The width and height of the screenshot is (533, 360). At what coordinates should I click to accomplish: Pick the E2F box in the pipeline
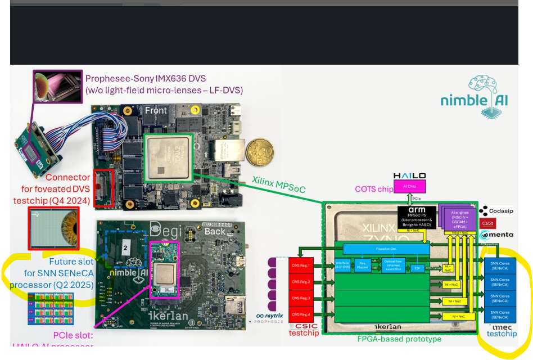click(x=417, y=268)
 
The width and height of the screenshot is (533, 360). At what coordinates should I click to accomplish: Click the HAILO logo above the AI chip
click(x=409, y=176)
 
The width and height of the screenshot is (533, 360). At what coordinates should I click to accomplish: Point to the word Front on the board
click(x=156, y=110)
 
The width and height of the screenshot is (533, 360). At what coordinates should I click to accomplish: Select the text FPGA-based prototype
click(x=399, y=339)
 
